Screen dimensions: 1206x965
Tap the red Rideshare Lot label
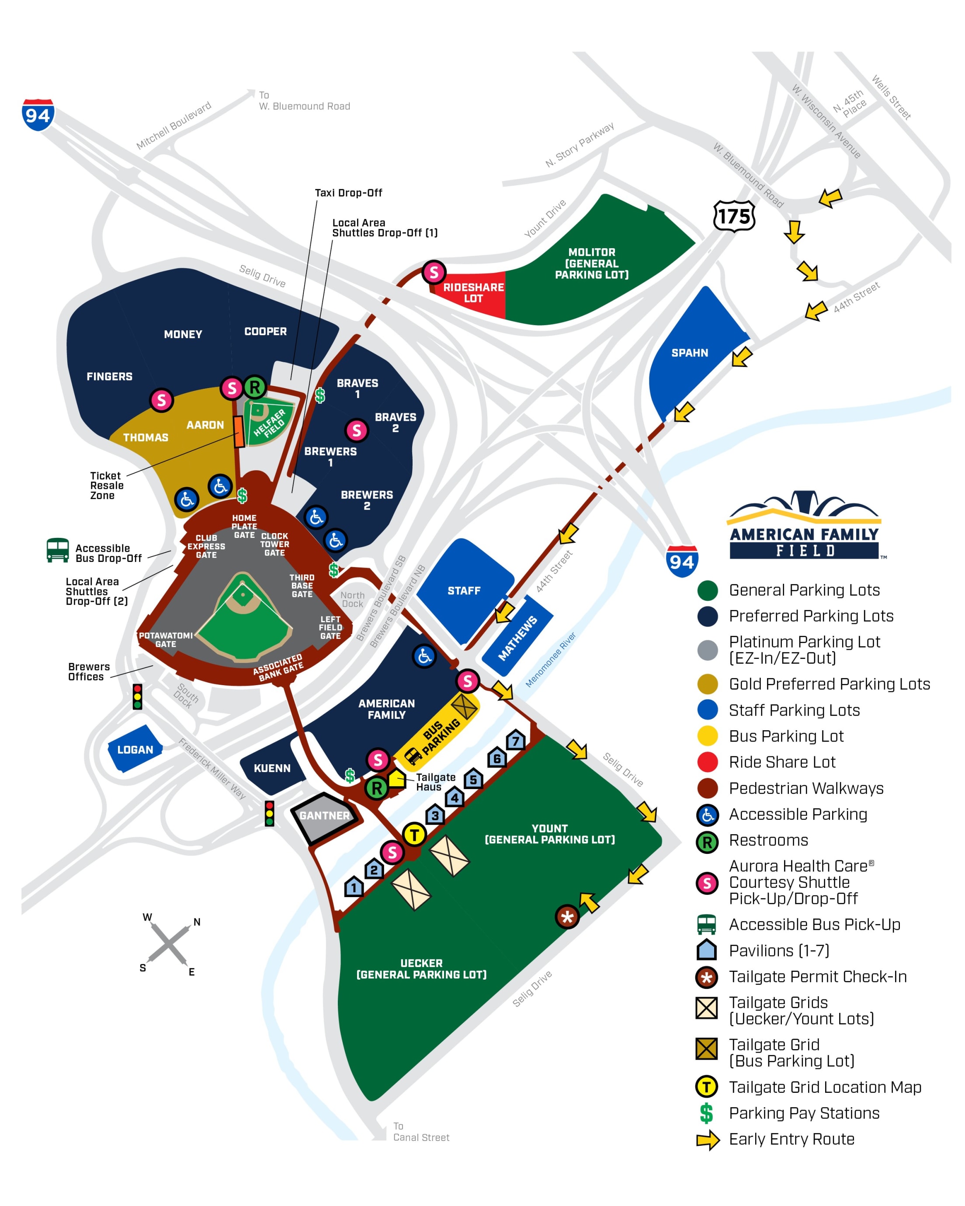(x=473, y=293)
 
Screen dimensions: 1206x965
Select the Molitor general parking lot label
(x=591, y=263)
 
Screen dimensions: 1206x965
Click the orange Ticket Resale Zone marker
(x=239, y=431)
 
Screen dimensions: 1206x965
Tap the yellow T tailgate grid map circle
(x=414, y=835)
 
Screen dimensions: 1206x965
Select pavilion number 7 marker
(x=515, y=741)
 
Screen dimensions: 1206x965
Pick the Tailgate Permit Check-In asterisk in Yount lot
(x=567, y=917)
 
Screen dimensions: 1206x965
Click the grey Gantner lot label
(x=324, y=815)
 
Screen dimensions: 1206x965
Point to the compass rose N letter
(x=197, y=922)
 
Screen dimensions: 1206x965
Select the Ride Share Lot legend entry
(x=781, y=762)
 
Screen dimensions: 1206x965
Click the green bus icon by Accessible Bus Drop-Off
(x=58, y=550)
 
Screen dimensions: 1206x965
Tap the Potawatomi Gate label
(x=166, y=639)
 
